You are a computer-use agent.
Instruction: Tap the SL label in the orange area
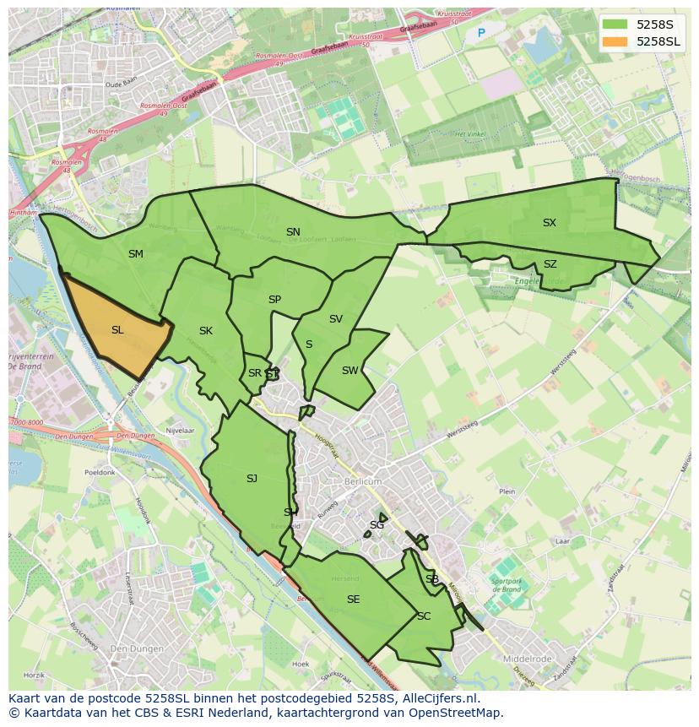coord(117,330)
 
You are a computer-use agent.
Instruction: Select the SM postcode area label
coord(136,254)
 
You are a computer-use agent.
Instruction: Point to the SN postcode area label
coord(293,232)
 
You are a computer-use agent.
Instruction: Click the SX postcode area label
coord(550,223)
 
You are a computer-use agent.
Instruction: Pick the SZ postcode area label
coord(550,264)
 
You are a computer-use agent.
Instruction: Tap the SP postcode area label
coord(274,300)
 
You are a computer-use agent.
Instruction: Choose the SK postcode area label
coord(206,331)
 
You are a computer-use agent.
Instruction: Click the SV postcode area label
coord(336,319)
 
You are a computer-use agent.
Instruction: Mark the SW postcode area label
coord(349,371)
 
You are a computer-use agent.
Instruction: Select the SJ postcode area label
coord(252,479)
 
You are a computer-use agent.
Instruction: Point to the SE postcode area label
coord(353,600)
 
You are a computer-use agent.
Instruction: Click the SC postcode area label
coord(424,616)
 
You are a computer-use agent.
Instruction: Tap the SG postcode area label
coord(377,525)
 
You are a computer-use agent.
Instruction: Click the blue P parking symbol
coord(481,33)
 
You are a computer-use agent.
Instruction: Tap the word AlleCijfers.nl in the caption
coord(441,699)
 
